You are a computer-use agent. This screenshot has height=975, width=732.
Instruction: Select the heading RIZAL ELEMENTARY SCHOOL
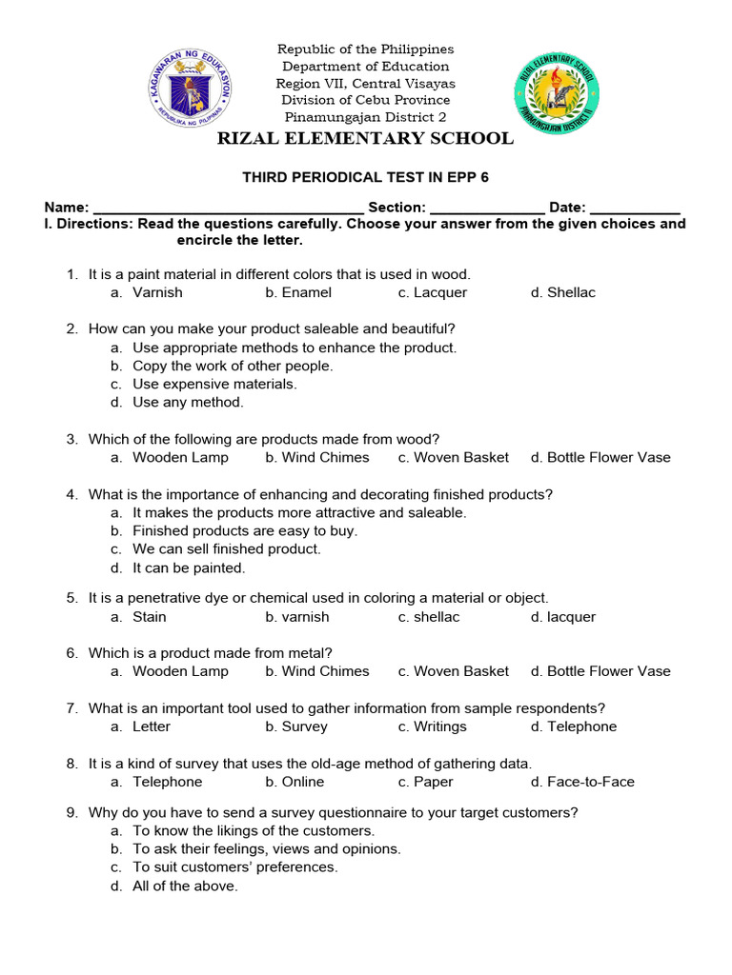[x=366, y=139]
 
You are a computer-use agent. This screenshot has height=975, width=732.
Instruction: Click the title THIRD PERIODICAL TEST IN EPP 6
[x=366, y=177]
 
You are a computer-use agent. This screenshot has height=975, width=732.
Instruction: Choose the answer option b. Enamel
[x=298, y=292]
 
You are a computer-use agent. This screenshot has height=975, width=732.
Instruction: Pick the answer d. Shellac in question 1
[x=562, y=292]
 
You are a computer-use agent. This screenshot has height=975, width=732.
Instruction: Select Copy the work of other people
[x=233, y=366]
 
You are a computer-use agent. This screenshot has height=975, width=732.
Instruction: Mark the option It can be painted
[x=189, y=567]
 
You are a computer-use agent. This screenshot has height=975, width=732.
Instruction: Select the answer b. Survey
[x=296, y=726]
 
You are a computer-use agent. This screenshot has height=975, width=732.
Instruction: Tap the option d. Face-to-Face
[x=582, y=782]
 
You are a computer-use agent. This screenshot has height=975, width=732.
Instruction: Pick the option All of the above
[x=185, y=885]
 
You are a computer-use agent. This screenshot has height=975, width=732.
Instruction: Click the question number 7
[x=71, y=708]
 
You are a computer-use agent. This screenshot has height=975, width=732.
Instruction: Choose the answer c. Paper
[x=426, y=782]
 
